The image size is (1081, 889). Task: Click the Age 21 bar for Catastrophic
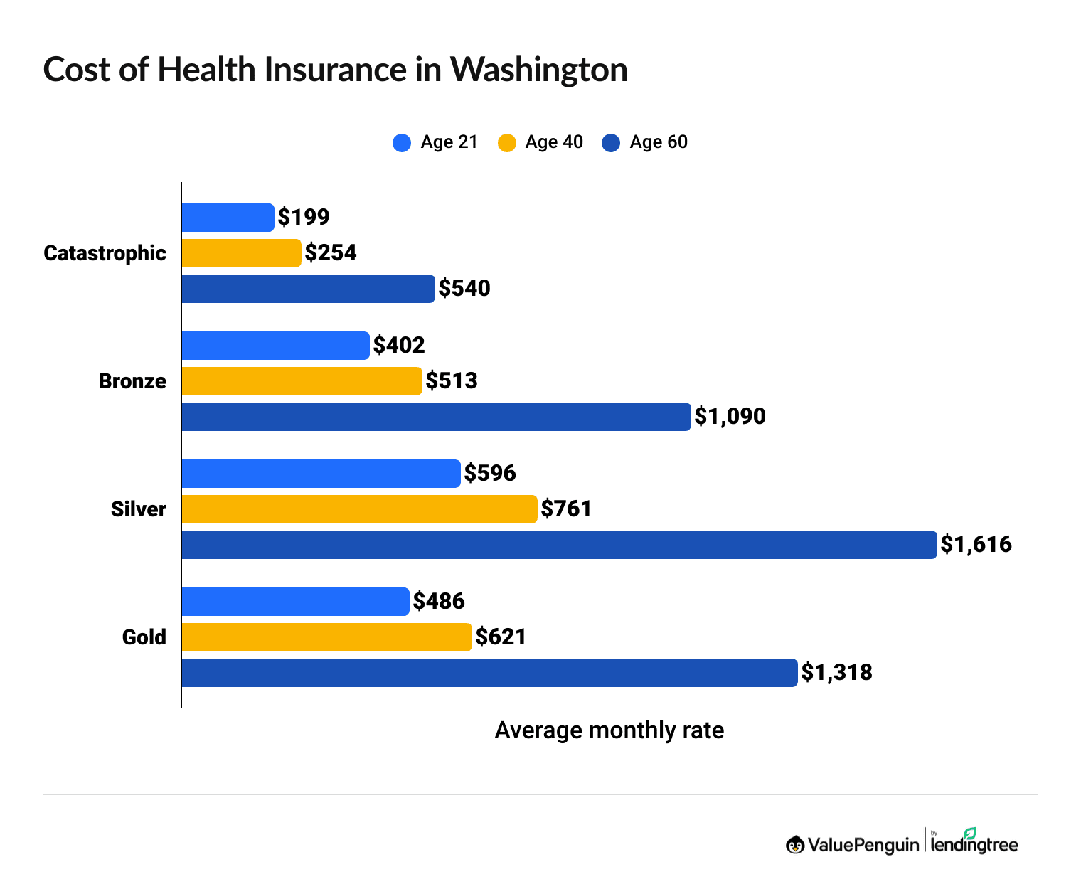click(x=228, y=218)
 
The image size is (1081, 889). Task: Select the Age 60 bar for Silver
click(x=559, y=545)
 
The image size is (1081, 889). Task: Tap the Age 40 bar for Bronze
click(x=302, y=381)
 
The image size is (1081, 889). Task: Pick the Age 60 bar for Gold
click(x=489, y=673)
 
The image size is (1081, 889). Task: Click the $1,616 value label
click(x=976, y=545)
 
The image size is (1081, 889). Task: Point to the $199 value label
click(x=304, y=218)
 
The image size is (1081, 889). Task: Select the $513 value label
click(x=452, y=381)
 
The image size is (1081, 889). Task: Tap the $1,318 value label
click(x=836, y=673)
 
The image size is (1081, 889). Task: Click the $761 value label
click(x=566, y=509)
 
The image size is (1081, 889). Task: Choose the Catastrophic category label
click(x=105, y=253)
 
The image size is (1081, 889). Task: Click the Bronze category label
click(x=132, y=381)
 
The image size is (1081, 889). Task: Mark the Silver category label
click(x=139, y=509)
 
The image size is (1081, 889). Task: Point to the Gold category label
click(x=144, y=637)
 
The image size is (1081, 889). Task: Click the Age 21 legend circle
click(x=402, y=142)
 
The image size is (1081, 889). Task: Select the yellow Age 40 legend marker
click(x=506, y=142)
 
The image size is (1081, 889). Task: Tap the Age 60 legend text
click(x=659, y=142)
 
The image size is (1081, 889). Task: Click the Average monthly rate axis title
click(x=609, y=730)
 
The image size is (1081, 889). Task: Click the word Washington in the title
click(x=538, y=70)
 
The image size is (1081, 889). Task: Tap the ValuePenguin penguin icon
click(x=795, y=845)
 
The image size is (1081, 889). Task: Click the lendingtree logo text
click(x=974, y=845)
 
